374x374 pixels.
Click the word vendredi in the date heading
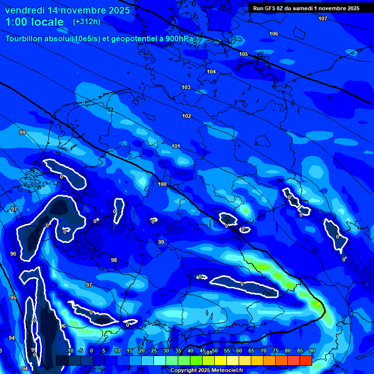pyautogui.click(x=27, y=10)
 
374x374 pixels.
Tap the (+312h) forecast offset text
pyautogui.click(x=86, y=21)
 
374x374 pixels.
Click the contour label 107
pyautogui.click(x=323, y=19)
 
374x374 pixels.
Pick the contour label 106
pyautogui.click(x=274, y=34)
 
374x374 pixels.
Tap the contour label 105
pyautogui.click(x=243, y=54)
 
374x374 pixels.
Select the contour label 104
pyautogui.click(x=211, y=72)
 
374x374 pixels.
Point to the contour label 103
pyautogui.click(x=186, y=87)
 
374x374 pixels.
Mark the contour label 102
pyautogui.click(x=187, y=116)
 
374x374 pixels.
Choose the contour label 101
pyautogui.click(x=176, y=146)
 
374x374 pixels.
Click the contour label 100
pyautogui.click(x=162, y=184)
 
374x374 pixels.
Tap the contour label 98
pyautogui.click(x=114, y=260)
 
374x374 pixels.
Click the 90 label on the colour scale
pyautogui.click(x=312, y=351)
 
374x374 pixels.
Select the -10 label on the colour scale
pyautogui.click(x=70, y=351)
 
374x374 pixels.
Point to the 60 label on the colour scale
pyautogui.click(x=239, y=351)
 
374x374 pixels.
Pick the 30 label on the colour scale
pyautogui.click(x=166, y=351)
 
